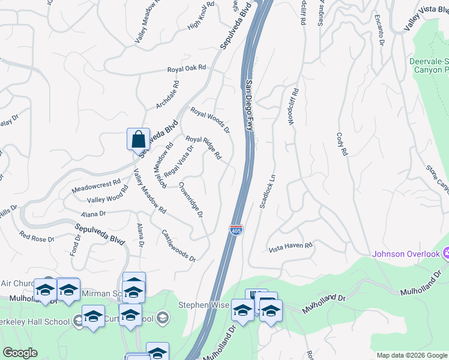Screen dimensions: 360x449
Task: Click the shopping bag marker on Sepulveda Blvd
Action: [138, 139]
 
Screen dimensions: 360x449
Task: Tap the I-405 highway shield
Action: [236, 230]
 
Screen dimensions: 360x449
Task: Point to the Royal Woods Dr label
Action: [210, 120]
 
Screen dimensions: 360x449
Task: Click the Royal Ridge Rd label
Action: [203, 148]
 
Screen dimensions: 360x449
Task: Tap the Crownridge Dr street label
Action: [191, 200]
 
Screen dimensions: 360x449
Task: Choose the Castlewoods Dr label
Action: [179, 245]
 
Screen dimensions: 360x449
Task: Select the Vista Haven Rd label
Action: [291, 246]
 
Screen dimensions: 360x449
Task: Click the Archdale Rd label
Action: [168, 95]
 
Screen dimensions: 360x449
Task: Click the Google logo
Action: [20, 353]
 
